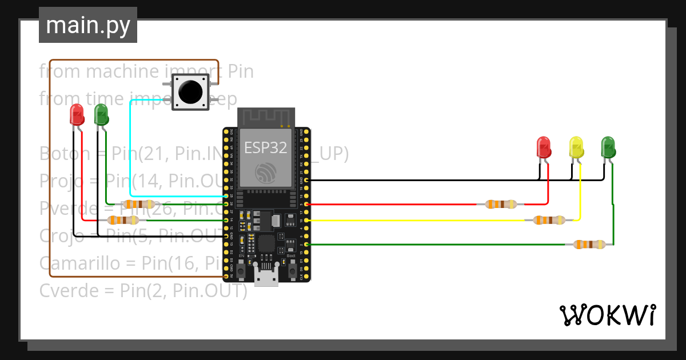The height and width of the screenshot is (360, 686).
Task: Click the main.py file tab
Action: click(x=87, y=25)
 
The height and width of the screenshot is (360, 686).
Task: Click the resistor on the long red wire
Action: click(x=501, y=204)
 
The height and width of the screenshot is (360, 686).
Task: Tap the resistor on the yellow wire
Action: click(x=549, y=220)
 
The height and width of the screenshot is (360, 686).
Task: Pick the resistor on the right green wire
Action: click(x=589, y=245)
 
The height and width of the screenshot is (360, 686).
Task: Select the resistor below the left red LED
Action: click(x=123, y=220)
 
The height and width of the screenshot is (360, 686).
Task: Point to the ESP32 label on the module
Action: click(x=265, y=148)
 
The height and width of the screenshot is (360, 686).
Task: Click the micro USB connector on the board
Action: click(x=266, y=278)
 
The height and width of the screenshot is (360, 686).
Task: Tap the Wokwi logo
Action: click(x=607, y=315)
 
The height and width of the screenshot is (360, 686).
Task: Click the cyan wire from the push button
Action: click(x=131, y=149)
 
